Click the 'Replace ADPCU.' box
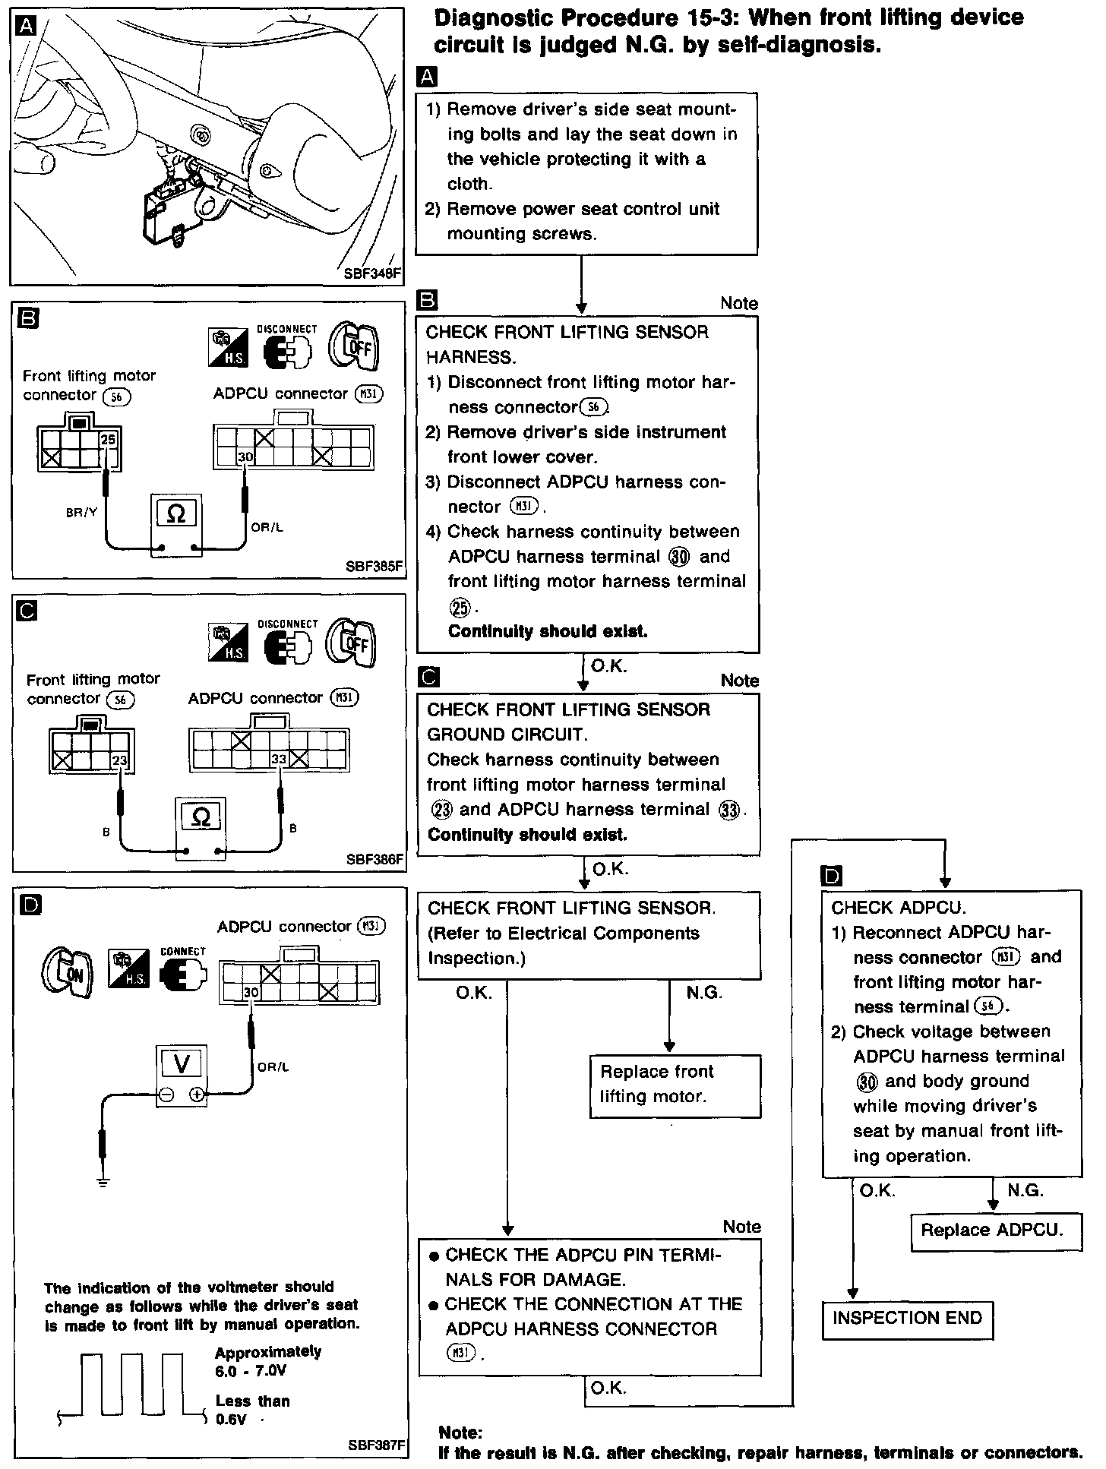(996, 1230)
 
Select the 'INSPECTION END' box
(907, 1318)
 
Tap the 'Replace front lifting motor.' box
(675, 1084)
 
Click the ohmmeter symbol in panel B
(176, 514)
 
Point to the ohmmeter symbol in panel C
(201, 817)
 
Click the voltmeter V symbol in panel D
(182, 1064)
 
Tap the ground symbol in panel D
(103, 1181)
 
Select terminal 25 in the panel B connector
(108, 440)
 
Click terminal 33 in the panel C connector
(279, 759)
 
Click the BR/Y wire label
(81, 512)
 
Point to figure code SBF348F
(372, 274)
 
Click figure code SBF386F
(374, 860)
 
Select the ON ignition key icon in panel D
(68, 973)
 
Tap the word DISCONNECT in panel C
(288, 624)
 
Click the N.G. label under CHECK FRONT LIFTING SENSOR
(703, 992)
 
